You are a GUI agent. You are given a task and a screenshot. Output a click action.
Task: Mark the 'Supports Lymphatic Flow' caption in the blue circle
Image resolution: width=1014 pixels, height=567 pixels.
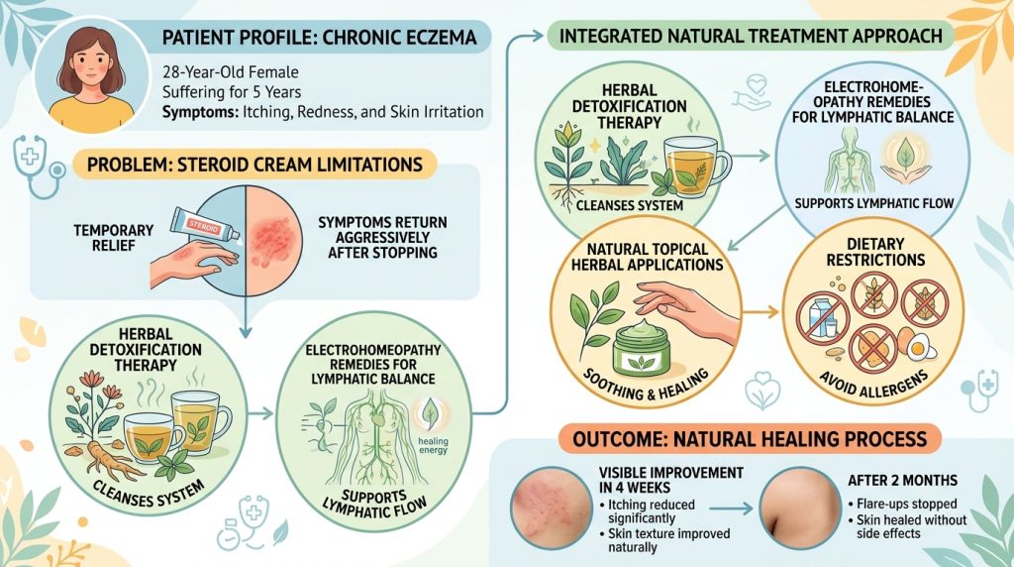[x=874, y=202]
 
